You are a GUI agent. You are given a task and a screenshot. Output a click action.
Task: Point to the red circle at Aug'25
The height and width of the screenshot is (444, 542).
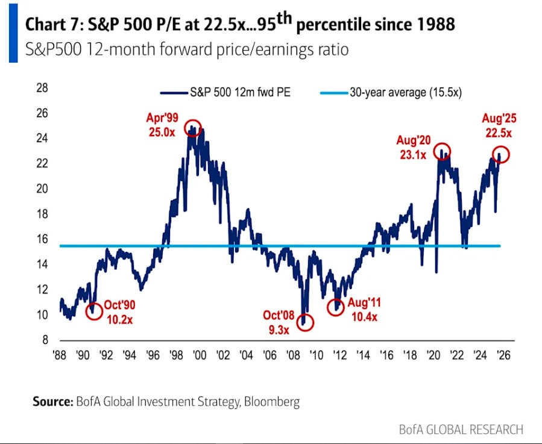tap(501, 155)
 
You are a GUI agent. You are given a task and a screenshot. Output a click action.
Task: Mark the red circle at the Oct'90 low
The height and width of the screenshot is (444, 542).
tap(93, 311)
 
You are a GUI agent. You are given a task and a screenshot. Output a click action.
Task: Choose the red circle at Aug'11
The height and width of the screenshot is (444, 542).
tap(336, 307)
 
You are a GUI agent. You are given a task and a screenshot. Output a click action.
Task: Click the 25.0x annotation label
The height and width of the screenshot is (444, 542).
tap(160, 131)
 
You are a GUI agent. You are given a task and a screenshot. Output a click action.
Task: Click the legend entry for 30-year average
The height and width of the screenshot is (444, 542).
tap(405, 92)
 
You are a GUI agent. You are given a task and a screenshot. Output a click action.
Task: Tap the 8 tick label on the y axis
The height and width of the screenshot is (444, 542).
tap(45, 340)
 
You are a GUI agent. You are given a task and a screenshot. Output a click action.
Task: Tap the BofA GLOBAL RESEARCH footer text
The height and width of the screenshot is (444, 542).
tap(461, 430)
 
